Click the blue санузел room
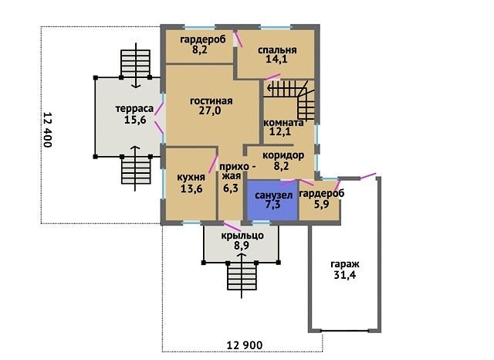(272, 201)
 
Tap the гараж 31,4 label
(345, 270)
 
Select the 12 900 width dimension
(245, 345)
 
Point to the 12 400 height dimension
(47, 130)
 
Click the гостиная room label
(211, 101)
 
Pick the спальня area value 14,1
(276, 59)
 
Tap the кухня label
(191, 177)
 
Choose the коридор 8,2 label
(283, 161)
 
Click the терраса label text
(134, 109)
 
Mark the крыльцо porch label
(242, 236)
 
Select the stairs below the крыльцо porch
(242, 277)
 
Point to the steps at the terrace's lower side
(136, 170)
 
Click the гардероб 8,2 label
(203, 45)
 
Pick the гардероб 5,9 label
(321, 199)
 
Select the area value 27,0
(210, 110)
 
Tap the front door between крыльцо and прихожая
(232, 226)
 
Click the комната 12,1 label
(283, 127)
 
